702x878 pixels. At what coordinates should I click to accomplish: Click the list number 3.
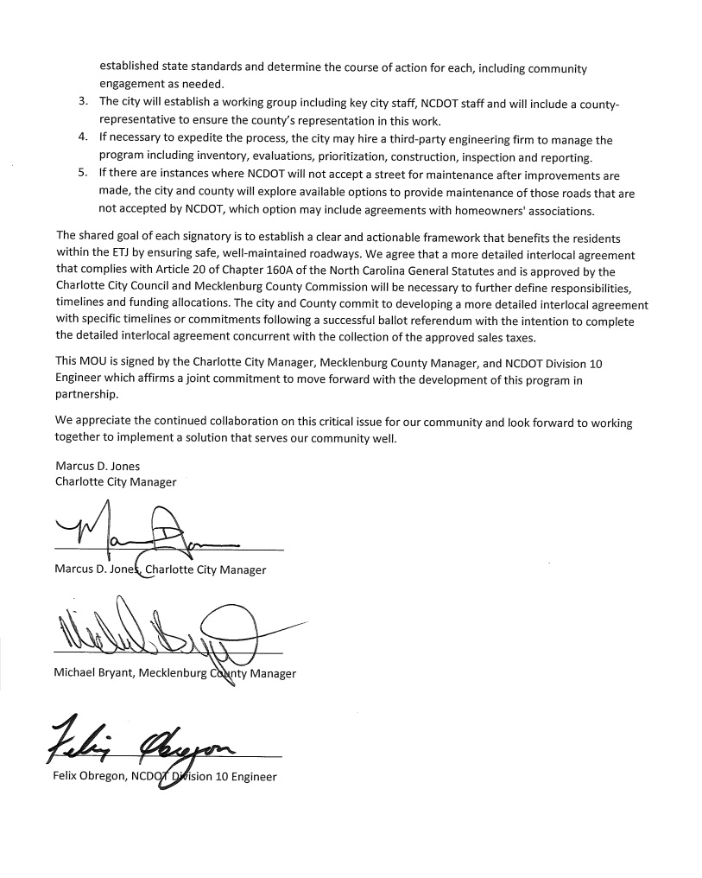click(82, 104)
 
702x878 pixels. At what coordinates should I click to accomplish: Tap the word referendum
click(451, 322)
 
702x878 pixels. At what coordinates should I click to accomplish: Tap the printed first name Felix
click(67, 777)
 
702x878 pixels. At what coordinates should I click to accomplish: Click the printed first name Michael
click(76, 673)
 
